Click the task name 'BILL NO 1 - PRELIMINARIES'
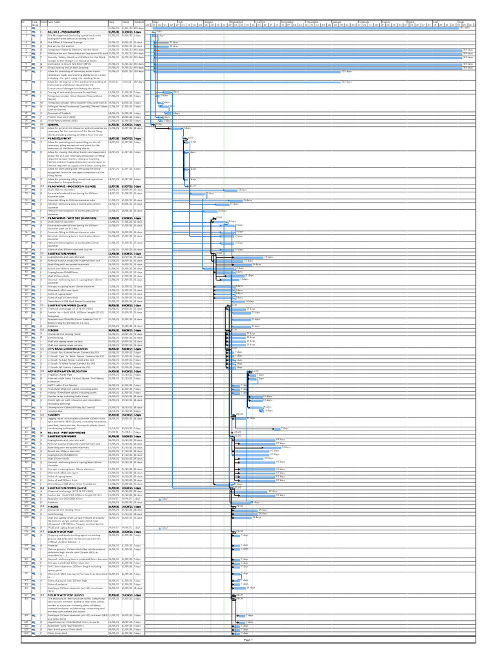pos(61,31)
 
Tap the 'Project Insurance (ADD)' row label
pos(59,117)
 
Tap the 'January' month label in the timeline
pos(337,21)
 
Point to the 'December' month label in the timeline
pos(312,21)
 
